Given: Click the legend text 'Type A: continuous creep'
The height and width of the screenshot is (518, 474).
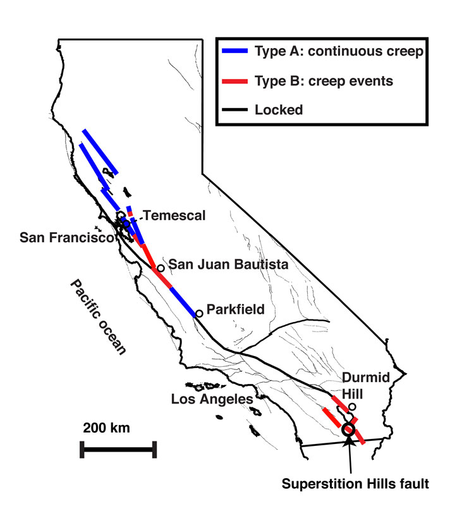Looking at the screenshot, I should (338, 52).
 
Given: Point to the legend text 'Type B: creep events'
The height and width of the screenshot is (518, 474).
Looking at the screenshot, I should (322, 81).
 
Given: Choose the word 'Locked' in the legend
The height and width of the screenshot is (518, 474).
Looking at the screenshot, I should (279, 109).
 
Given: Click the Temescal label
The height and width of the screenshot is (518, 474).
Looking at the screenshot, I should (174, 216).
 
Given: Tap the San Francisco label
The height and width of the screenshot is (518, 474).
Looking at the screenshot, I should (66, 238).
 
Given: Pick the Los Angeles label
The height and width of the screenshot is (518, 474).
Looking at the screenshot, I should (212, 399).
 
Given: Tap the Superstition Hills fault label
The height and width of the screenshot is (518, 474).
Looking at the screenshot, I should (355, 484).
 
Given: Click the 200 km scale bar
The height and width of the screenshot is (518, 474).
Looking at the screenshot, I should (118, 450).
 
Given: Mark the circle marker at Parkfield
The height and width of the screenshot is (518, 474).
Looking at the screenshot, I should (199, 313).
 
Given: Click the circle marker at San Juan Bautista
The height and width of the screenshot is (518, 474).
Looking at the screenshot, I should (161, 268).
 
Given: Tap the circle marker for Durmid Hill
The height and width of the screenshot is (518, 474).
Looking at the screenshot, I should (353, 407).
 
